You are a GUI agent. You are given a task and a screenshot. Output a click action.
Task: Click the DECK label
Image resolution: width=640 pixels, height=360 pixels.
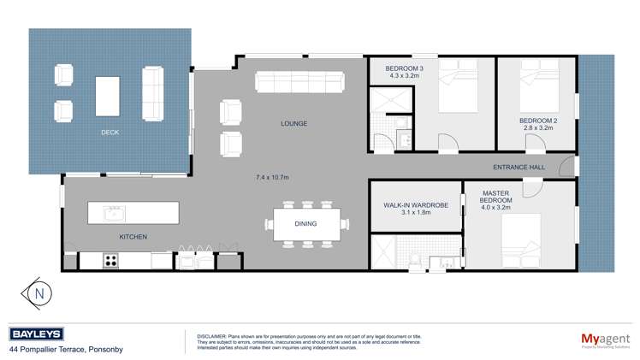coord(110,133)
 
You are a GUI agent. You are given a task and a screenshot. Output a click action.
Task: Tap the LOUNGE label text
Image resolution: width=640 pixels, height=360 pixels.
coord(293,124)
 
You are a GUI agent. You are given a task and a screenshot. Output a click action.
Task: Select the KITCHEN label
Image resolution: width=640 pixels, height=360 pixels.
coord(133,236)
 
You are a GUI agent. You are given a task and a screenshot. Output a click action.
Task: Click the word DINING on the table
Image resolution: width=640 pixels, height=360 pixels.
coord(305,224)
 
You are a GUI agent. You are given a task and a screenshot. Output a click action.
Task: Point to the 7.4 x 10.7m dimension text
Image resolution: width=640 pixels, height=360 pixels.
coord(272,177)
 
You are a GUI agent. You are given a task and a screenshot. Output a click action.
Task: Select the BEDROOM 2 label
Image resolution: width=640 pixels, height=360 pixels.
coord(537,121)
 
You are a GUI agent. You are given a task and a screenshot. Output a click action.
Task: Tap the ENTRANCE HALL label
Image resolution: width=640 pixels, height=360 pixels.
coord(519,167)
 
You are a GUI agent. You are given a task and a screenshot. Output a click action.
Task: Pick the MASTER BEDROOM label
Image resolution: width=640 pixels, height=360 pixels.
coord(495,199)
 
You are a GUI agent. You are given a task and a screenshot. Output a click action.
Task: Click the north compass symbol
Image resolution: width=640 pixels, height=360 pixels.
coord(39,292)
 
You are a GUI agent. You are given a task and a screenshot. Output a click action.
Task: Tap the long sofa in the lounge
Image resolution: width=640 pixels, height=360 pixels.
coord(299,82)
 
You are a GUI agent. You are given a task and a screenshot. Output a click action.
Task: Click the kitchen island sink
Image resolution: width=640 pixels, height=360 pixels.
coord(114,212)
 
